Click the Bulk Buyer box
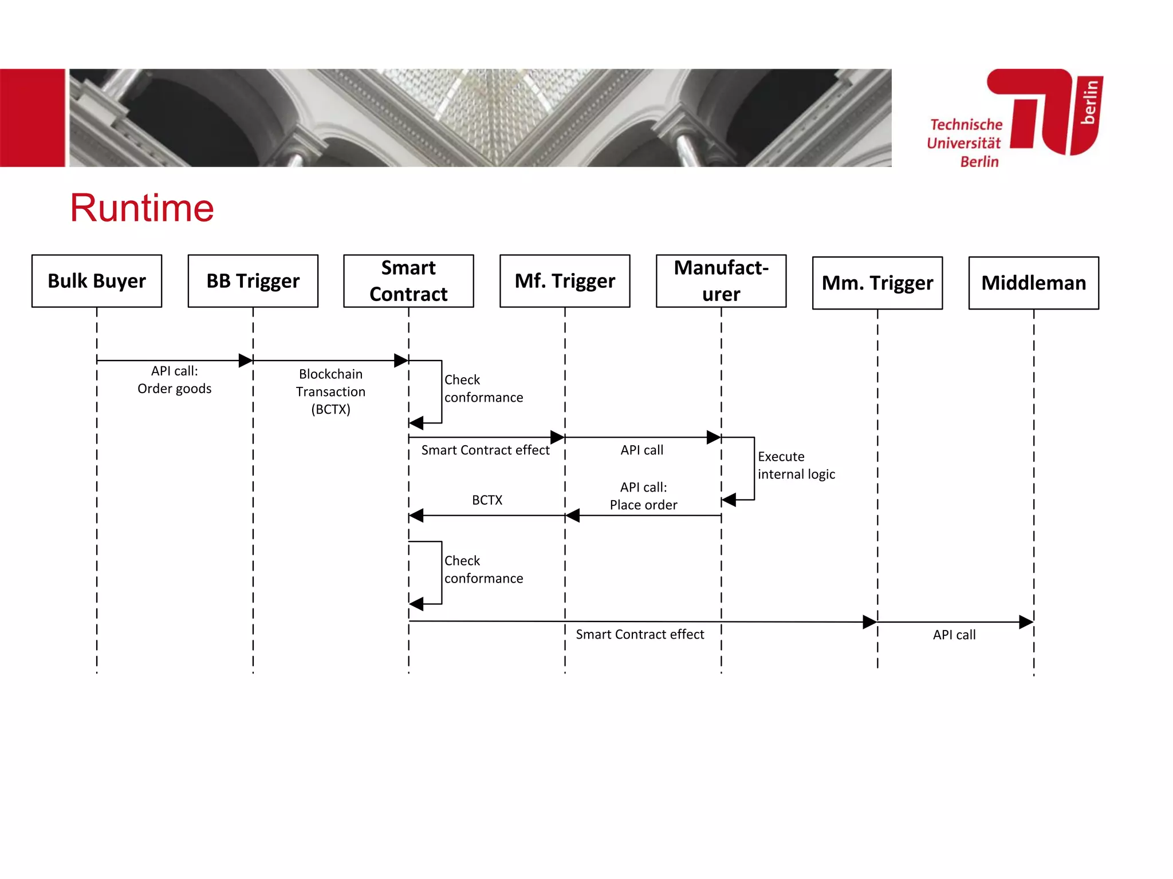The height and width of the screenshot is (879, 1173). [x=97, y=281]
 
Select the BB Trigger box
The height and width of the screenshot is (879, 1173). [x=253, y=281]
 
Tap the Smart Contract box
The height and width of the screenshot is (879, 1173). [x=408, y=281]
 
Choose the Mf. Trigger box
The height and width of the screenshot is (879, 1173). [x=565, y=281]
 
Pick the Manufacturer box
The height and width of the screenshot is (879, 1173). [x=721, y=281]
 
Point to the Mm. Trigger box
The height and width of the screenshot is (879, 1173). [x=877, y=283]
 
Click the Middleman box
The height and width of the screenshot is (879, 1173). [x=1034, y=283]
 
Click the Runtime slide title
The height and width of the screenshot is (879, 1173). [x=142, y=208]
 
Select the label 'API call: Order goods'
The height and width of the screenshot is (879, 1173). [x=175, y=380]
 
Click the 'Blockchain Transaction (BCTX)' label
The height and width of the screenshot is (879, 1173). [x=330, y=391]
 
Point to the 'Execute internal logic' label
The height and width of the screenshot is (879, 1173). [x=796, y=465]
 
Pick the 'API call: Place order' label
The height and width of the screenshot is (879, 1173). [x=643, y=496]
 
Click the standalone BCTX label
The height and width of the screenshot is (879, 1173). [x=487, y=500]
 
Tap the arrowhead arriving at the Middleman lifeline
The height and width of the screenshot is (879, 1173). [x=1026, y=622]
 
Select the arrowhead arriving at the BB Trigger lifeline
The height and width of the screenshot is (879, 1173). [x=246, y=361]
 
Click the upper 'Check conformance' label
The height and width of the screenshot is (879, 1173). [x=483, y=389]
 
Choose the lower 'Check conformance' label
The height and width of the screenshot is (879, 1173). [x=483, y=569]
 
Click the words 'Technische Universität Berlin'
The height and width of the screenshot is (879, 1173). [x=966, y=143]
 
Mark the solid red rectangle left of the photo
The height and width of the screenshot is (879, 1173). [x=33, y=118]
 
